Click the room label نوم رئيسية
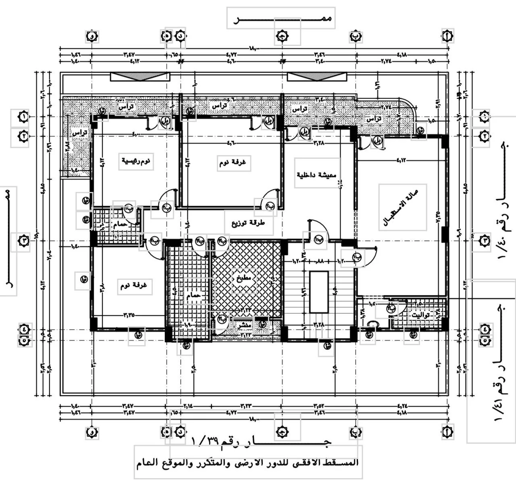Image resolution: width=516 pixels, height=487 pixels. [136, 161]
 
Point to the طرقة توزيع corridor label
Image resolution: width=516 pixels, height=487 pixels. [248, 223]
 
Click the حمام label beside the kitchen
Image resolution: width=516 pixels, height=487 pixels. [193, 296]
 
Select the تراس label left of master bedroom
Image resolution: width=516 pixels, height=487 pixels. [79, 133]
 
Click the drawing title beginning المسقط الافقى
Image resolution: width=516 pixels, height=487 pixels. [248, 462]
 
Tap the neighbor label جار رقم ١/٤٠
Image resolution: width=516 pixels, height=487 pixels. [502, 202]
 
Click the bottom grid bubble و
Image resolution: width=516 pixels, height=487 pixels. [92, 433]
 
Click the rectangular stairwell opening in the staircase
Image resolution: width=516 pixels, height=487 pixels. [318, 291]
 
